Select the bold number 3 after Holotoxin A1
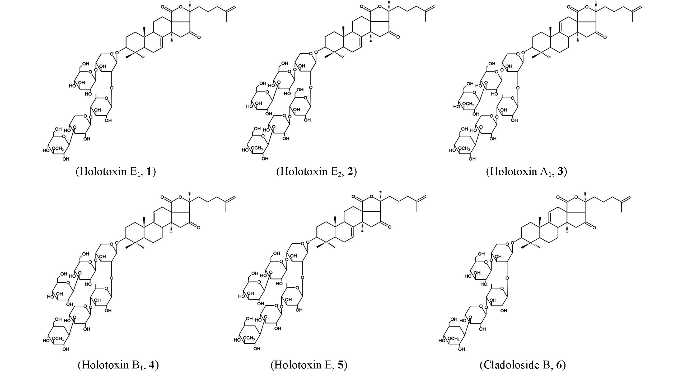click(x=560, y=172)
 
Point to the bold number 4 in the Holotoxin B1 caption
click(x=152, y=365)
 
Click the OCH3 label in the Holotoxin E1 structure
click(x=58, y=149)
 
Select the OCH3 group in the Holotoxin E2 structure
click(x=257, y=148)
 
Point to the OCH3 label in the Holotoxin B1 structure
click(x=58, y=339)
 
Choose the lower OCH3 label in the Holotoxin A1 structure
click(x=464, y=149)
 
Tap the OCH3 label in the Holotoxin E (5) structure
click(x=249, y=338)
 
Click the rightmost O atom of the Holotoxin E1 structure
click(x=199, y=37)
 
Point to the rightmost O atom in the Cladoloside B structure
click(x=594, y=228)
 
